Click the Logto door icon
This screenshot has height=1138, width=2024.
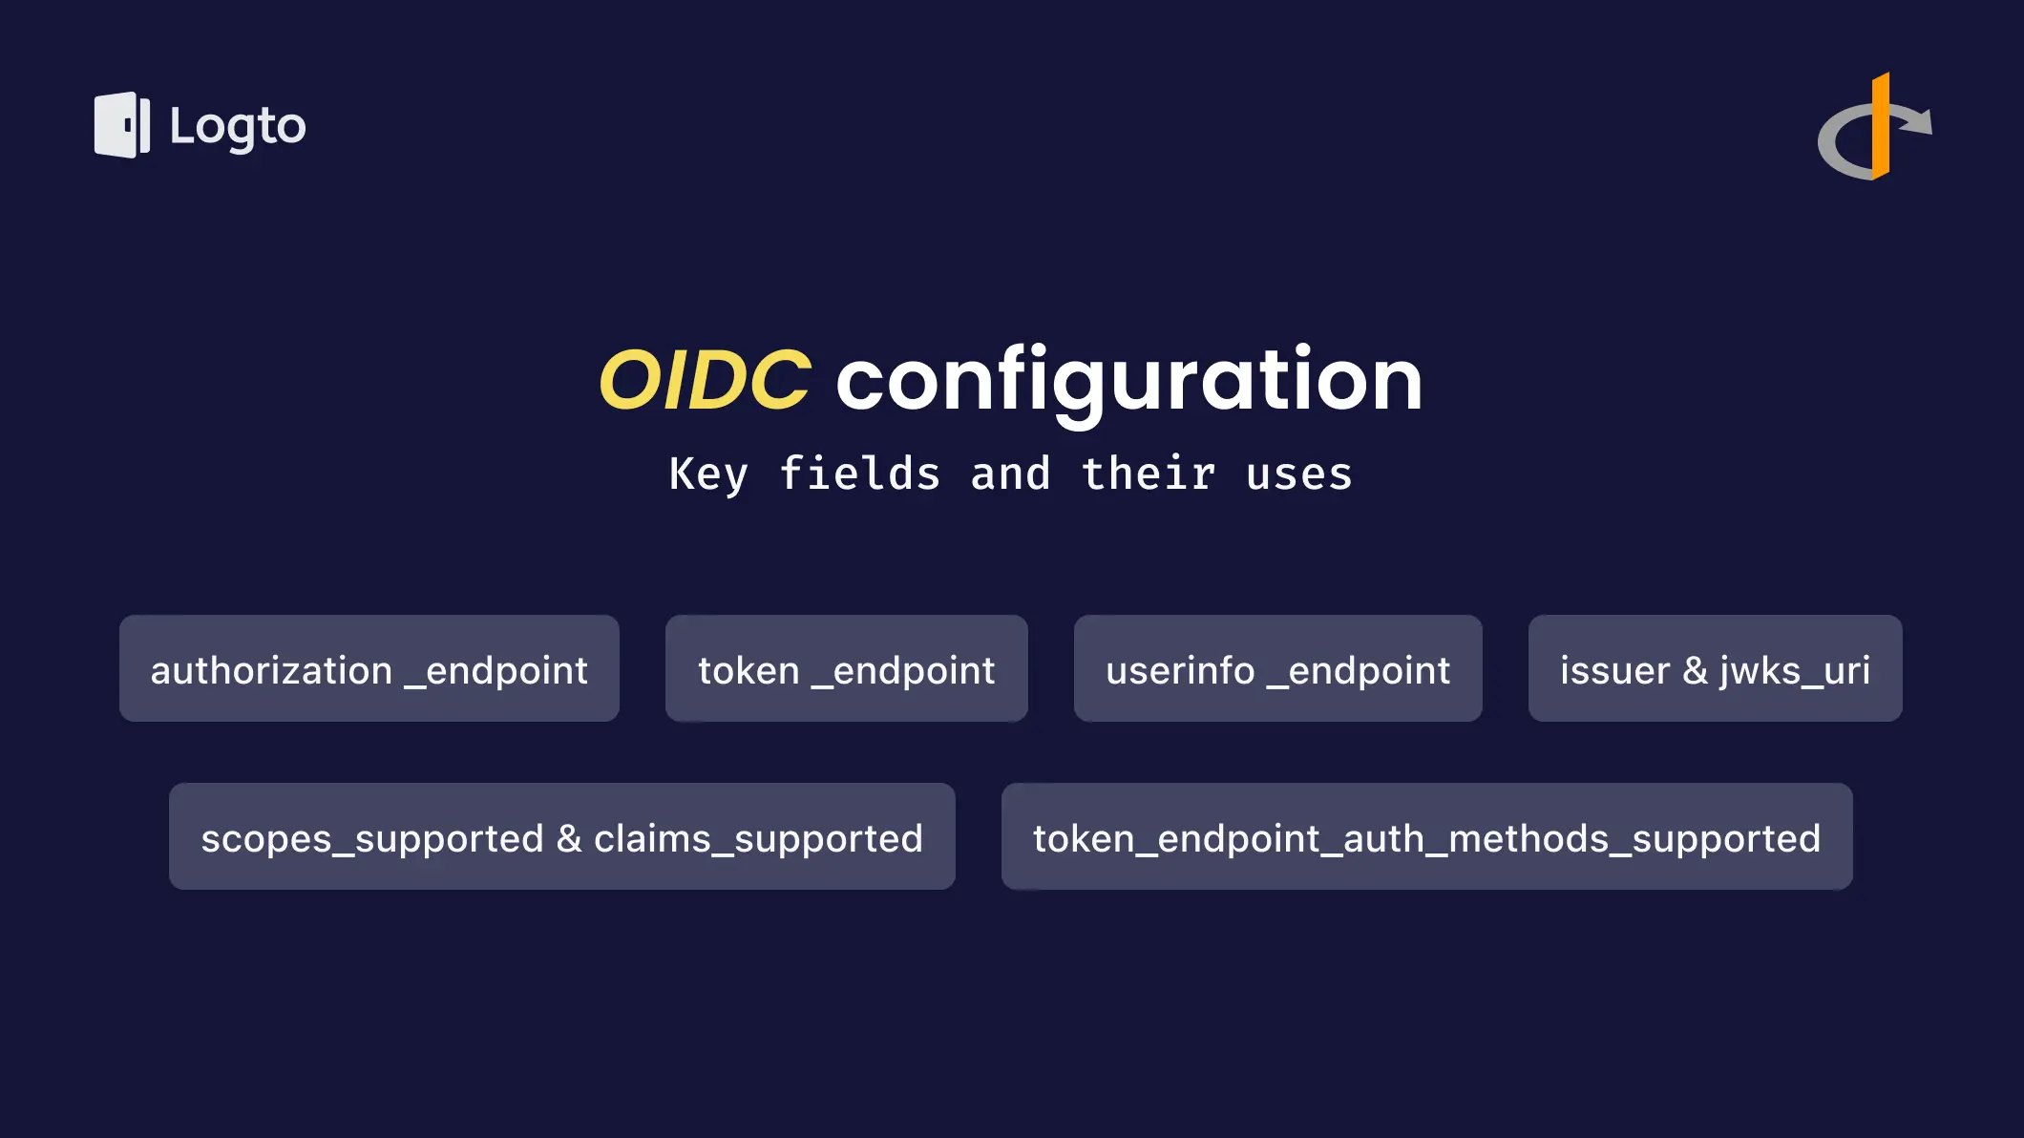tap(122, 125)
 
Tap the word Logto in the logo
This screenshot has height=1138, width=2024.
tap(238, 127)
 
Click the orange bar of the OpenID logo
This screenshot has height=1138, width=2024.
tap(1881, 126)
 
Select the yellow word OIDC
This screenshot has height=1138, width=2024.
tap(705, 379)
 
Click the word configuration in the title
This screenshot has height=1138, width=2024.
tap(1129, 381)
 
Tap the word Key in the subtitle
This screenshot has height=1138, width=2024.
tap(708, 474)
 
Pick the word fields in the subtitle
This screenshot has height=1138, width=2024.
tap(860, 473)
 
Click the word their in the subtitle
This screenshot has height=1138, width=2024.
tap(1149, 473)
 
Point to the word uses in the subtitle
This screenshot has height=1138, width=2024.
tap(1299, 475)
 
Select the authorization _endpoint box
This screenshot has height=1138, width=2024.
tap(369, 668)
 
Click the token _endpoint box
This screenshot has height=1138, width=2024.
tap(847, 668)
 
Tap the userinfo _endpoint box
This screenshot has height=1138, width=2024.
tap(1278, 668)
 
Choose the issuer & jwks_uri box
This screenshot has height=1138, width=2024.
tap(1716, 668)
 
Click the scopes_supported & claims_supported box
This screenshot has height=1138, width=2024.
tap(562, 836)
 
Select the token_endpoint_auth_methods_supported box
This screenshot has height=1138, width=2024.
tap(1427, 836)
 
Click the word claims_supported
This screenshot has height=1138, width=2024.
tap(758, 839)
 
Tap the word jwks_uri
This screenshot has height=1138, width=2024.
tap(1795, 671)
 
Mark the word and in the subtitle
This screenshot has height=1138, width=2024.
tap(1011, 473)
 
